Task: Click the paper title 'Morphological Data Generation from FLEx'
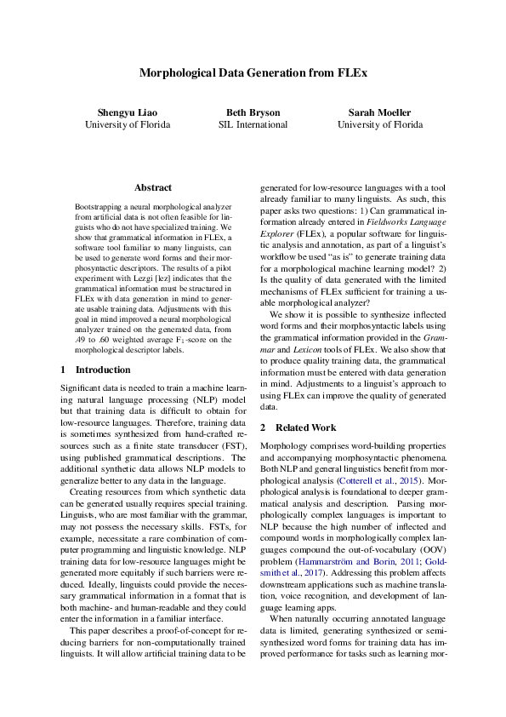[x=253, y=73]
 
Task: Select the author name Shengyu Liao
[x=128, y=112]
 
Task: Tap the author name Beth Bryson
[x=253, y=112]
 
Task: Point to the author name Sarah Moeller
[x=379, y=112]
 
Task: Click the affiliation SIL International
[x=253, y=124]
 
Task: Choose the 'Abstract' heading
[x=153, y=187]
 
